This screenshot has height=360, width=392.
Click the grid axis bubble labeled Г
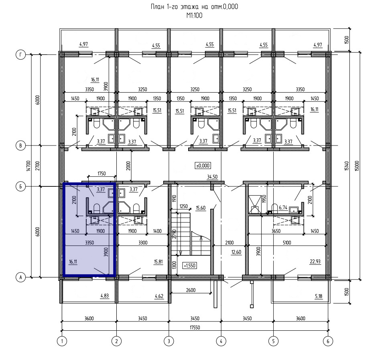21,55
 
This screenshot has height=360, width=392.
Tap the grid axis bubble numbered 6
328,341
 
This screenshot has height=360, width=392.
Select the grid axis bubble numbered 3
169,341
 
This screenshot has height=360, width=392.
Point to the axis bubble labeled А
21,277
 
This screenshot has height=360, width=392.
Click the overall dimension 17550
195,327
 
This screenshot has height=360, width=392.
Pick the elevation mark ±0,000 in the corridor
203,166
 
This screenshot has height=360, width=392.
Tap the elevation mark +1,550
189,265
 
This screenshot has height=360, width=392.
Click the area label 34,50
212,177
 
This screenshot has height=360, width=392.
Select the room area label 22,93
315,261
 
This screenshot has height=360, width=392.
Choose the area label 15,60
201,208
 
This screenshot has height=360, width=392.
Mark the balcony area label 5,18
319,296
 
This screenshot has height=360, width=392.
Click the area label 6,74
283,207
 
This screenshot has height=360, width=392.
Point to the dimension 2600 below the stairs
191,290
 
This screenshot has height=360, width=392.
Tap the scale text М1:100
194,16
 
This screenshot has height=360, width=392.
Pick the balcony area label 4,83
104,296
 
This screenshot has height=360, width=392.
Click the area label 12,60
236,252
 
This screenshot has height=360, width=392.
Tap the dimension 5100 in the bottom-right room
287,242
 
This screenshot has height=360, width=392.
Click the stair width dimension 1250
183,206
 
